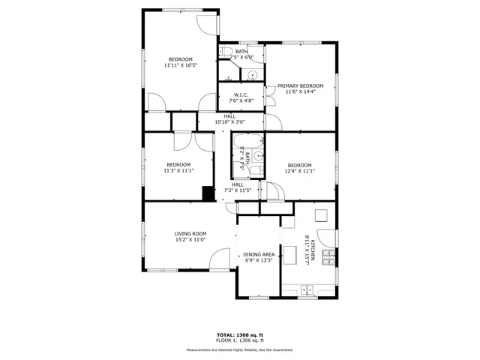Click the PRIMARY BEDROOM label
click(x=301, y=86)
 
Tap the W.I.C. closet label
click(x=241, y=95)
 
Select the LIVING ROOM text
click(x=190, y=233)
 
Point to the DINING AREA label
click(x=258, y=255)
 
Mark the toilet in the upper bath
click(x=225, y=52)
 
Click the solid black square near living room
click(x=208, y=193)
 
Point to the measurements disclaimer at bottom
click(x=240, y=349)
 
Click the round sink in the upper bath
click(x=253, y=74)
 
